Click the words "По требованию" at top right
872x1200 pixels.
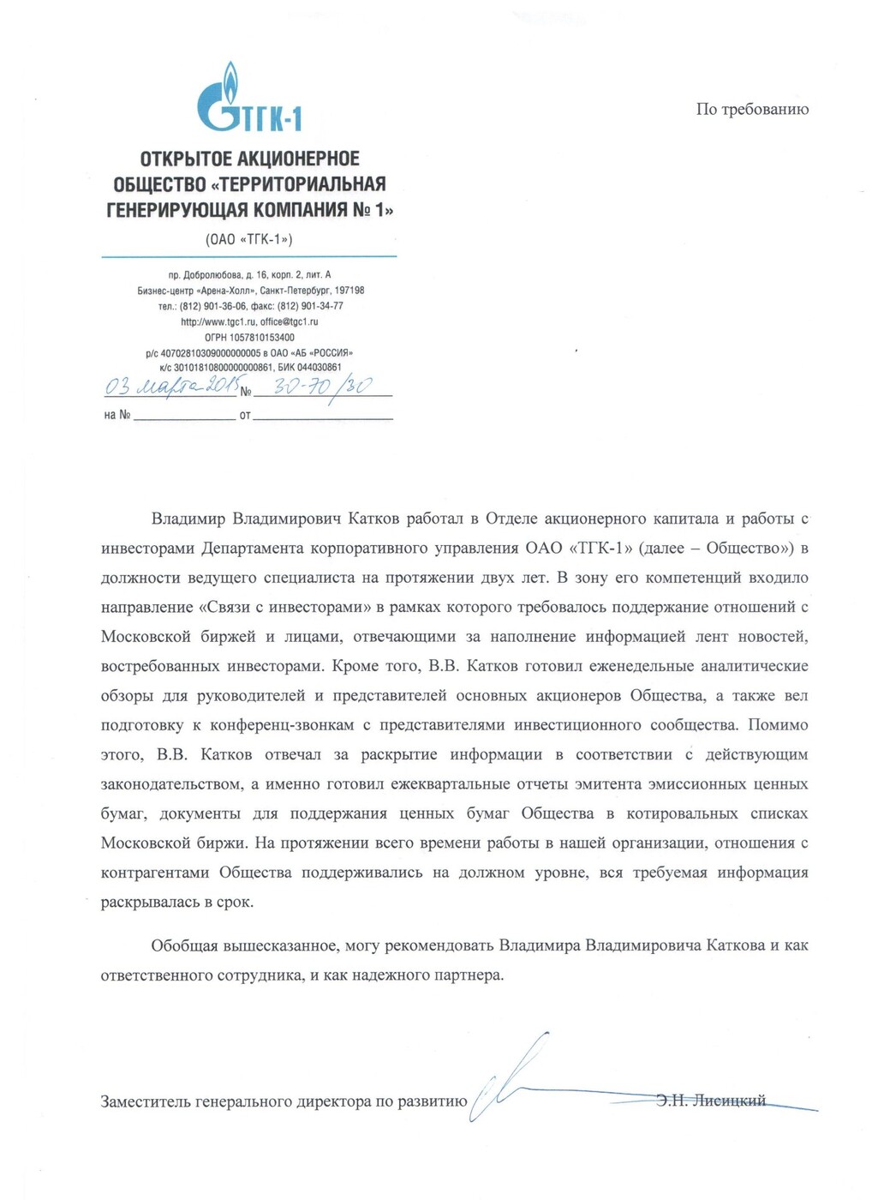tap(752, 109)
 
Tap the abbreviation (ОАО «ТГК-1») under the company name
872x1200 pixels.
tap(248, 239)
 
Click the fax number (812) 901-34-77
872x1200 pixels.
tap(310, 306)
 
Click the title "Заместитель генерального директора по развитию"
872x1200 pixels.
tap(284, 1101)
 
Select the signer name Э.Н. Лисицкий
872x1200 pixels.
tap(711, 1101)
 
